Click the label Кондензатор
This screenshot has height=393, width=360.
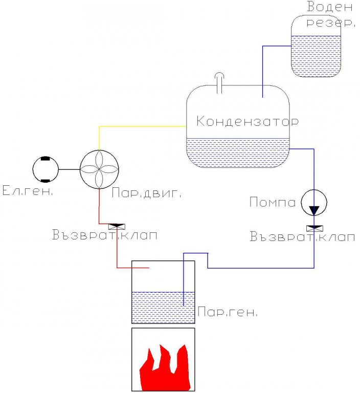tap(247, 122)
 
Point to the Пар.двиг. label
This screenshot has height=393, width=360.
tap(147, 194)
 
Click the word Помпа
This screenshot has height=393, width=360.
tap(273, 203)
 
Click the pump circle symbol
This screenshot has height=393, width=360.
tap(313, 203)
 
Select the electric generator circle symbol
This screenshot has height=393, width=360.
tap(46, 169)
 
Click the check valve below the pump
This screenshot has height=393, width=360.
tap(313, 227)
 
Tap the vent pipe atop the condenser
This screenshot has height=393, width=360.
tap(220, 81)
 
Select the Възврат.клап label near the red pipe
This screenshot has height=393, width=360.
tap(104, 236)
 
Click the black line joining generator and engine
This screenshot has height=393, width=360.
tap(70, 169)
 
